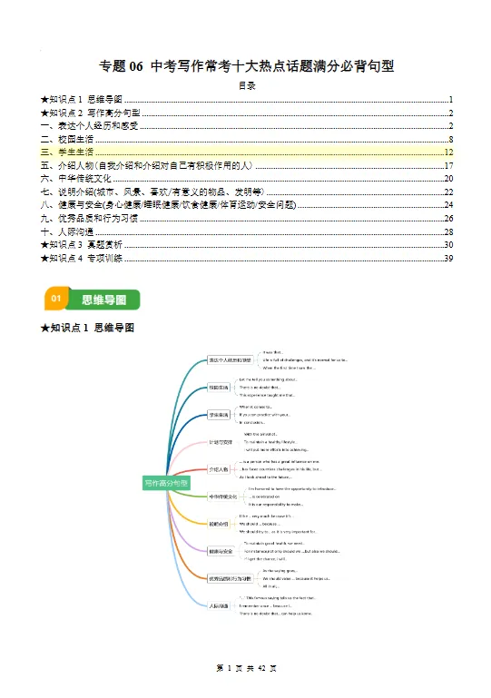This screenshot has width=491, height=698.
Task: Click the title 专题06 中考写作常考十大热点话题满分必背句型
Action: point(246,66)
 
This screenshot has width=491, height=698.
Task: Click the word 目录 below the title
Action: point(246,86)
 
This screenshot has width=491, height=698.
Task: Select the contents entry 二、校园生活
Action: point(68,139)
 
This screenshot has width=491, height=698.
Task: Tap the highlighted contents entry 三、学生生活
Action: point(68,152)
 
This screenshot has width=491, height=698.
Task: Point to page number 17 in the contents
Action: point(448,166)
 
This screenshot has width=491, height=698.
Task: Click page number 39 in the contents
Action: point(448,259)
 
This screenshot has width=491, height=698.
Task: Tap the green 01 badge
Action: point(56,298)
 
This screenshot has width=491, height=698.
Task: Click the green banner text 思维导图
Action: point(99,298)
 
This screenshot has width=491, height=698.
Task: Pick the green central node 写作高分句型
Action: point(167,483)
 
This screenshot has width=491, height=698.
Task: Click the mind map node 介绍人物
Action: point(219,469)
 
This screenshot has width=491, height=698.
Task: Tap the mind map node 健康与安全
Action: point(221,550)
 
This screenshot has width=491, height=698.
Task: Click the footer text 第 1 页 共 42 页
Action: point(246,667)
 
